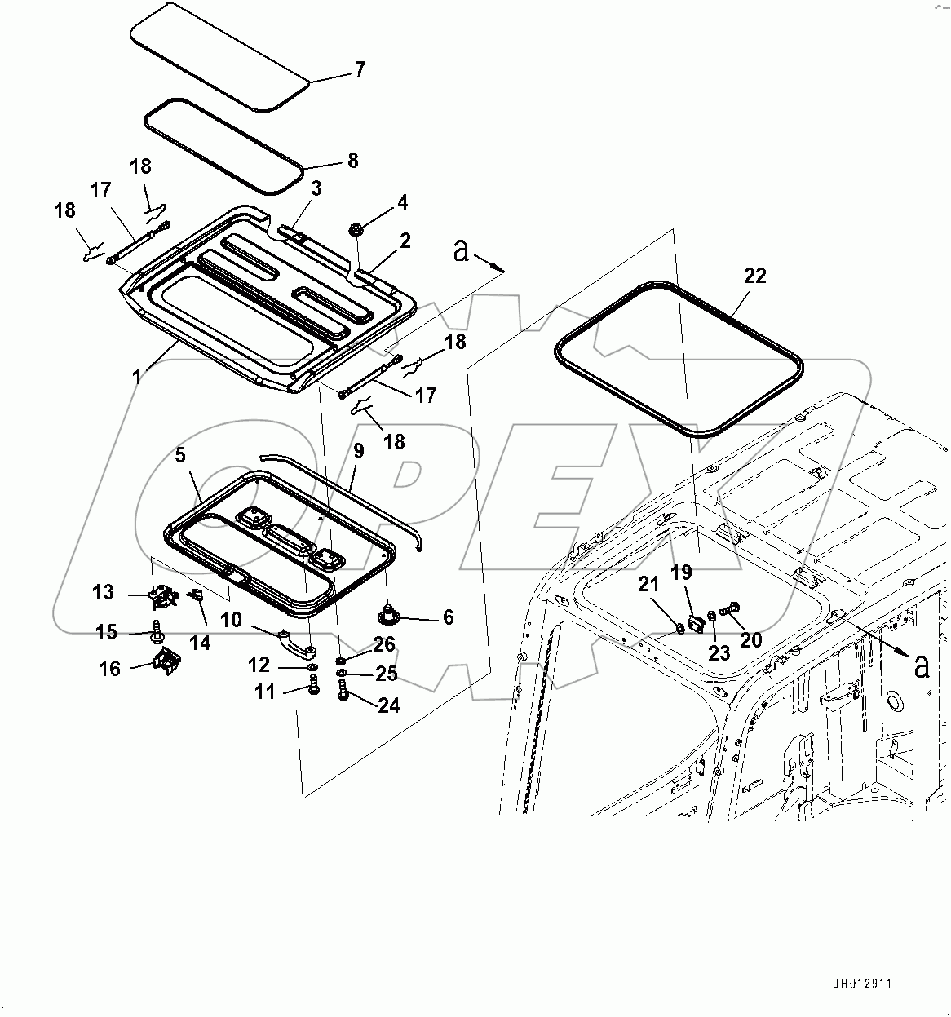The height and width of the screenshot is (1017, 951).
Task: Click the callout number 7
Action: pos(360,69)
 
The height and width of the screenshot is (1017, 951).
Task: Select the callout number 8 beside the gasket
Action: pos(352,161)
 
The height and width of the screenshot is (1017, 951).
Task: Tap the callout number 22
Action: pos(755,276)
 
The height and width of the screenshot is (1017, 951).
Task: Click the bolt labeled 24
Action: pos(342,693)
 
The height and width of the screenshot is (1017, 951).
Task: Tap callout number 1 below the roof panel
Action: pos(136,376)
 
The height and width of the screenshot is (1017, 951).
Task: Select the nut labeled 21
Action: pos(679,627)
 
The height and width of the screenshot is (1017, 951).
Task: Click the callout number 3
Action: pos(316,189)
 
